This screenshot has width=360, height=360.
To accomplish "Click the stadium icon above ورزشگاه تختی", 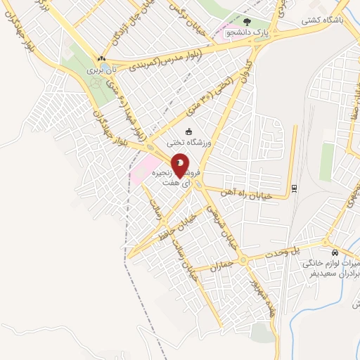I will [188, 131].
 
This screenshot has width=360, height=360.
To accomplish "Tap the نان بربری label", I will [99, 70].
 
